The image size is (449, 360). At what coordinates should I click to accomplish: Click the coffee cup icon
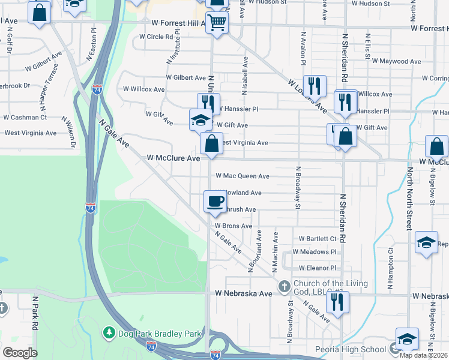(x=215, y=201)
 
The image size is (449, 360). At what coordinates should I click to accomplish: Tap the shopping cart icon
(x=217, y=23)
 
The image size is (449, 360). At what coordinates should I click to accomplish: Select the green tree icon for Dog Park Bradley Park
(x=109, y=332)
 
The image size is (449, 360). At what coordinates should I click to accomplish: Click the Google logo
(x=19, y=352)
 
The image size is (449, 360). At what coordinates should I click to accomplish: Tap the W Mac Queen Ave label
(x=243, y=176)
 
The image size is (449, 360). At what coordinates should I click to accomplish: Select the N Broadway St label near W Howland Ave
(x=297, y=188)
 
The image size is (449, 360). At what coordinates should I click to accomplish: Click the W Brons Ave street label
(x=234, y=226)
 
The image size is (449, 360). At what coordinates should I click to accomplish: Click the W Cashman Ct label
(x=25, y=118)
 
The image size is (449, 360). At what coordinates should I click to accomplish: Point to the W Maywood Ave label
(x=399, y=61)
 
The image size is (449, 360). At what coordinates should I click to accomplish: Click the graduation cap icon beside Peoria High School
(x=407, y=339)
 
